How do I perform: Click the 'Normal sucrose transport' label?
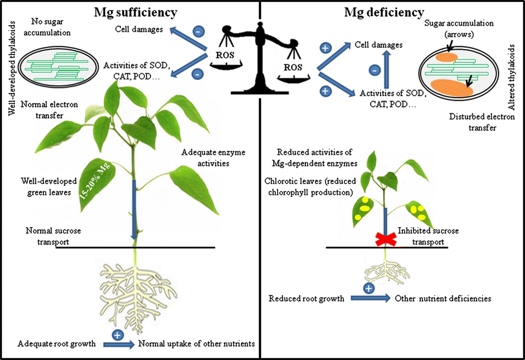pos(56,235)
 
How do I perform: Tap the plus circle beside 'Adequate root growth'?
pos(118,335)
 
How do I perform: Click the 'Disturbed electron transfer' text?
pos(472,122)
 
